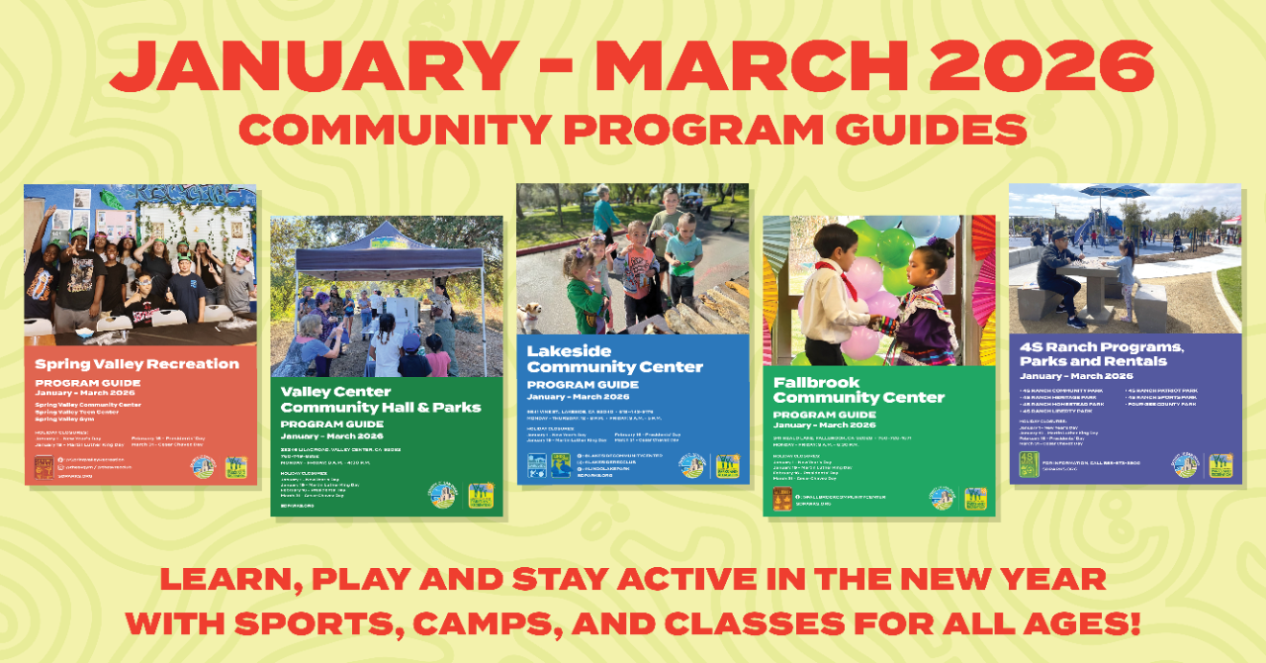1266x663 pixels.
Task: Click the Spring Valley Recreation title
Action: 137,363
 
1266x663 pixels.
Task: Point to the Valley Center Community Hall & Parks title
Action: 381,399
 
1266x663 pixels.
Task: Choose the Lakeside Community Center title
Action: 614,359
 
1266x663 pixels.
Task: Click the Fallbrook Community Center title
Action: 859,390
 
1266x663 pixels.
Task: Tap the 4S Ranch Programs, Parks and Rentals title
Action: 1101,354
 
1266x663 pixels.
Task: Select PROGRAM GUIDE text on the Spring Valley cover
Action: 88,383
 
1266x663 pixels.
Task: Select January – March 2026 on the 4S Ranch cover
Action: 1075,376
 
